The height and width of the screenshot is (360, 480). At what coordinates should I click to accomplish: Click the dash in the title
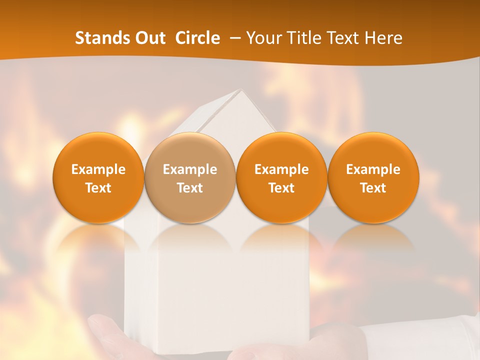pyautogui.click(x=233, y=38)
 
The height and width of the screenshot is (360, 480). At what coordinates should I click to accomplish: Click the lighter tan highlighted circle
pyautogui.click(x=190, y=178)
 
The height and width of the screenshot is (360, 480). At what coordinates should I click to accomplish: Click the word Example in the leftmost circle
pyautogui.click(x=98, y=169)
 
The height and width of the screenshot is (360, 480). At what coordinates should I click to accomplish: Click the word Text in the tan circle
pyautogui.click(x=190, y=188)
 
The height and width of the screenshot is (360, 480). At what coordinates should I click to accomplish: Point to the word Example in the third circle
pyautogui.click(x=281, y=169)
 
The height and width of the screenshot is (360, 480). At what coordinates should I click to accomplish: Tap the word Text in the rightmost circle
pyautogui.click(x=373, y=188)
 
